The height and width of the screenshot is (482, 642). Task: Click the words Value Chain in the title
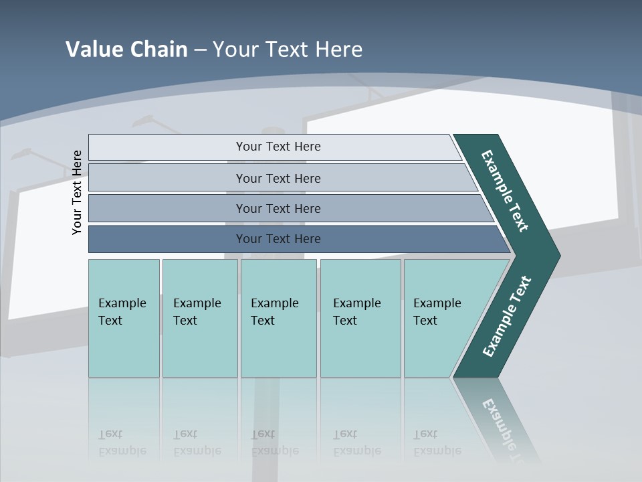click(x=126, y=50)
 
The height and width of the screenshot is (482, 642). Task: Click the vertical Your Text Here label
click(x=77, y=192)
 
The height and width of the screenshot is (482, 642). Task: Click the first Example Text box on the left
click(x=124, y=318)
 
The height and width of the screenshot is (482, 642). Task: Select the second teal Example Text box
click(x=200, y=318)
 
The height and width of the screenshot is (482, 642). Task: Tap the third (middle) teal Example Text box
click(x=278, y=318)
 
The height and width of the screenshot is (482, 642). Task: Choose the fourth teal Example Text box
click(x=360, y=318)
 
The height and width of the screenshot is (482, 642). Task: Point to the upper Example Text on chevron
click(x=505, y=191)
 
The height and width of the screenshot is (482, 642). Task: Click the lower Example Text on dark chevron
click(x=507, y=317)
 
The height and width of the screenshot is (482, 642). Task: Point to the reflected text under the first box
click(x=122, y=443)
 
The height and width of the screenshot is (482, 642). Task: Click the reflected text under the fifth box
click(x=437, y=443)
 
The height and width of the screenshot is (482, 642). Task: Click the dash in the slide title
click(x=200, y=50)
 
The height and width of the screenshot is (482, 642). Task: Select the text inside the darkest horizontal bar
click(x=278, y=239)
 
